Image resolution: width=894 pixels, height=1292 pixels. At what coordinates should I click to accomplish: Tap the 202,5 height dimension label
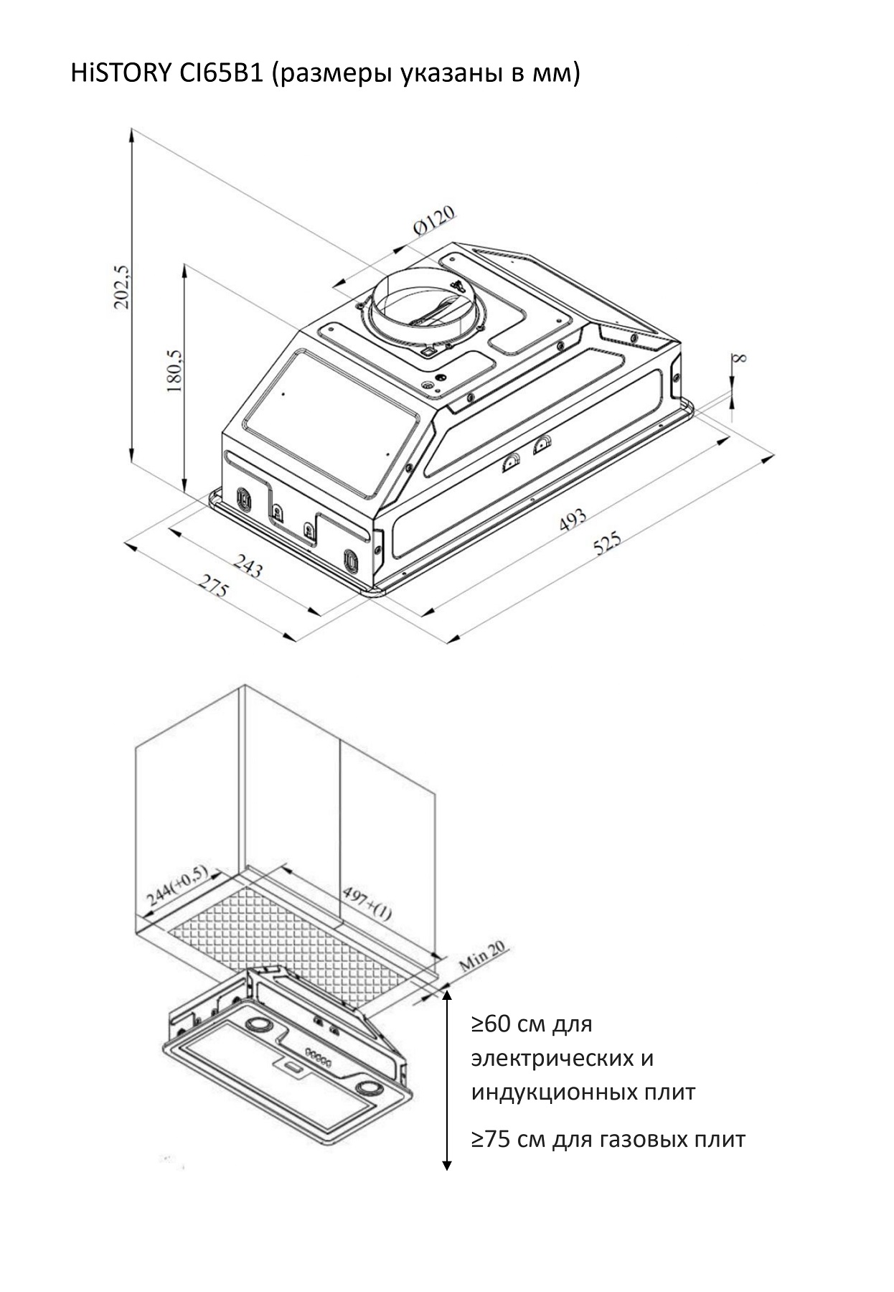point(122,286)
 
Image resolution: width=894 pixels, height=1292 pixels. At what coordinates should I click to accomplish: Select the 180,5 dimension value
point(174,370)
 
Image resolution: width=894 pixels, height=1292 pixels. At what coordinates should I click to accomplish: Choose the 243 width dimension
point(248,567)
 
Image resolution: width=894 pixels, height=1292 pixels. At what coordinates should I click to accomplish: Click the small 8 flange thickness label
point(740,357)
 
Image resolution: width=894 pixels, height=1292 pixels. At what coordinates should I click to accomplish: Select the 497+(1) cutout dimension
point(367,903)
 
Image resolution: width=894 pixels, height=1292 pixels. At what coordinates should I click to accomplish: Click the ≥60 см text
point(531,1023)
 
